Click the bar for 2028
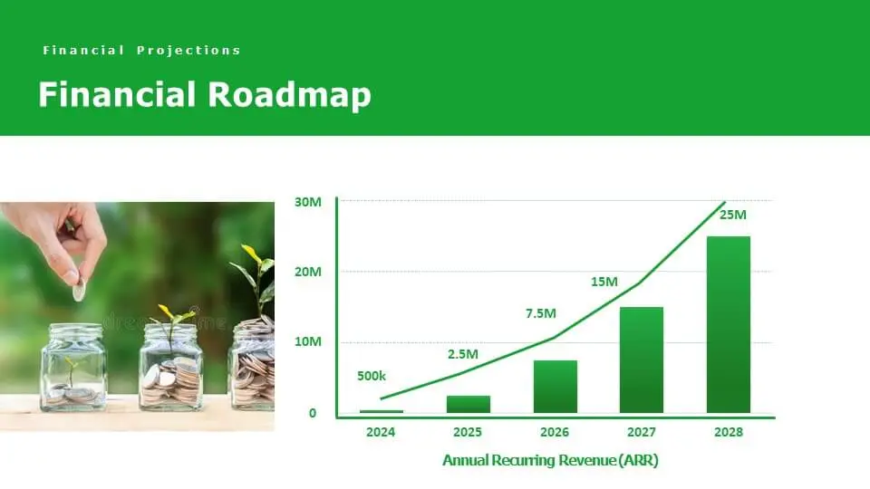coord(728,324)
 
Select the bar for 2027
coord(642,360)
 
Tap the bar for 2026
coord(555,387)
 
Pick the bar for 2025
coord(469,404)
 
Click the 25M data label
coord(733,215)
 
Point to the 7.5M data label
coord(541,313)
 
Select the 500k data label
coord(372,376)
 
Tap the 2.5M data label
coord(463,354)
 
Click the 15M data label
coord(604,282)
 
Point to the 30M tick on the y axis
coord(307,202)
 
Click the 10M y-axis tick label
coord(307,341)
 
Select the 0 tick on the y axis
coord(313,413)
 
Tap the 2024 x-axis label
coord(381,432)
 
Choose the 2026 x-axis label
coord(555,432)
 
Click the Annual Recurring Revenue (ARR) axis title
coord(550,460)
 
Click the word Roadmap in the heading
coord(289,94)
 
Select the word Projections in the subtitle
coord(188,51)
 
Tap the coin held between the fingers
coord(80,289)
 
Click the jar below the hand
coord(73,368)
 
